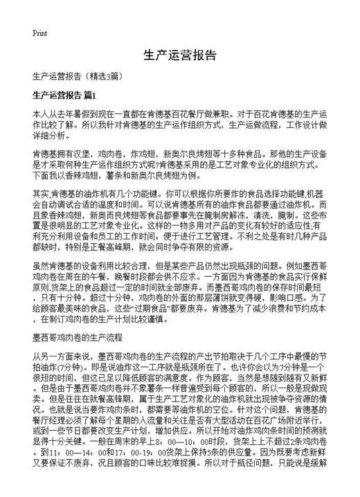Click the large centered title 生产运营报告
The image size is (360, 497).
180,55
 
